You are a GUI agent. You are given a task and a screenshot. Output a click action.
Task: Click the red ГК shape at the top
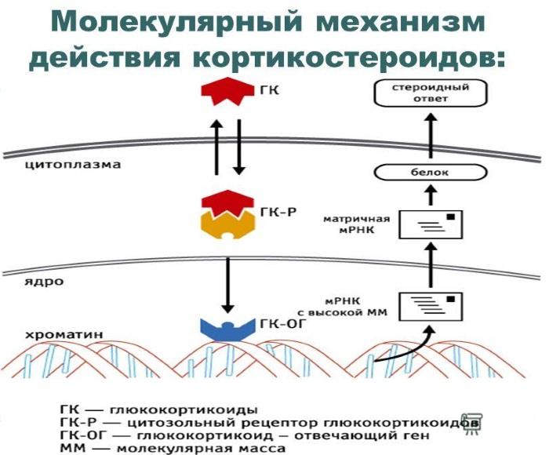point(224,93)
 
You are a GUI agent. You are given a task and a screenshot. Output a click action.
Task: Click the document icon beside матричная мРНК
point(431,224)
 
